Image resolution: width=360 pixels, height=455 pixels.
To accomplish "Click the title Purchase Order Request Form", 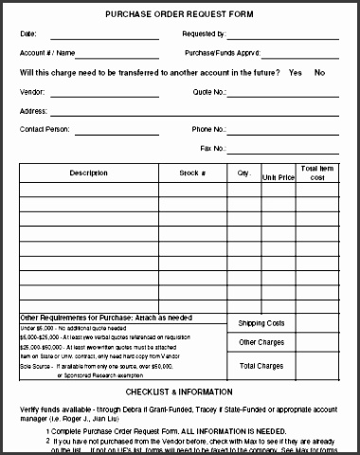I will coord(181,14).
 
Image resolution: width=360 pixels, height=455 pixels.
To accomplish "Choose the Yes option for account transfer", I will coord(295,72).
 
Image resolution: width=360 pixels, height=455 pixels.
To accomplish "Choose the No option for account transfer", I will coord(319,72).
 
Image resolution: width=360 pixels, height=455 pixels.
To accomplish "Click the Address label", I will coord(34,110).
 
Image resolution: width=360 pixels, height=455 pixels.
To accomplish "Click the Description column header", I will coord(89,173).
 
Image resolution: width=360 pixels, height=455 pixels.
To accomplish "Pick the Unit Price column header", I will coord(279,176).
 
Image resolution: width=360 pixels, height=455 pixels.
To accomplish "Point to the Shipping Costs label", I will coord(261,323).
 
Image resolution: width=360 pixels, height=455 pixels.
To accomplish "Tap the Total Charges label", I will coord(261,365).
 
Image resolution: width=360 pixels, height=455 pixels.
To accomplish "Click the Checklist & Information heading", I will coord(179,391).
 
